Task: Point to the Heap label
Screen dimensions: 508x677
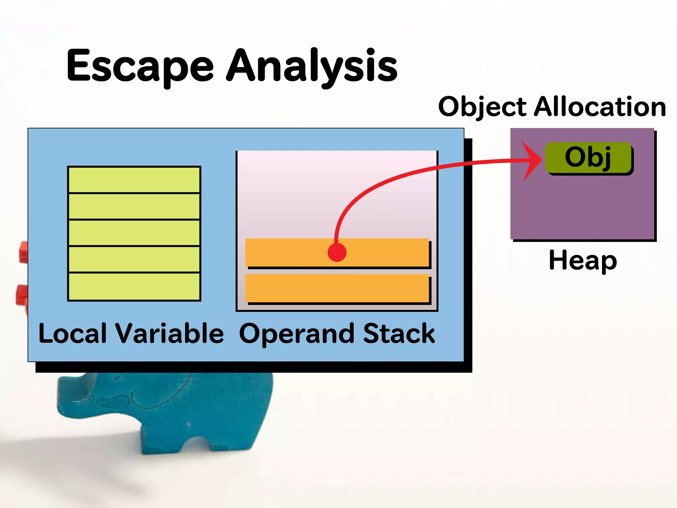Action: pyautogui.click(x=583, y=261)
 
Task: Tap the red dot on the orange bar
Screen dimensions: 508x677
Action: pyautogui.click(x=337, y=252)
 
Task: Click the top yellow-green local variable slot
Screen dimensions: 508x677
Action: pyautogui.click(x=134, y=180)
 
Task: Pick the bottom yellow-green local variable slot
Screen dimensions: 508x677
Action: pyautogui.click(x=134, y=286)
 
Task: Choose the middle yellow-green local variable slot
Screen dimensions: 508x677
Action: pyautogui.click(x=134, y=233)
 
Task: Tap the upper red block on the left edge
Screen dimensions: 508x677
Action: pyautogui.click(x=23, y=252)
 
